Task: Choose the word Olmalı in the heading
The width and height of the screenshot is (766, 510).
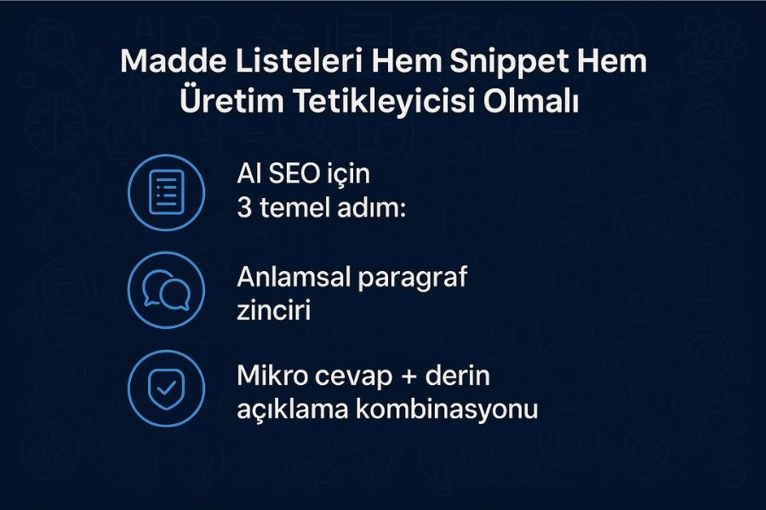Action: point(531,101)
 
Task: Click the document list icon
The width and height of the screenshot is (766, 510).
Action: point(167,192)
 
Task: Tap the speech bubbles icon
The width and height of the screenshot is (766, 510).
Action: point(167,291)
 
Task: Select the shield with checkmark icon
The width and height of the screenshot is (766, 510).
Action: point(167,388)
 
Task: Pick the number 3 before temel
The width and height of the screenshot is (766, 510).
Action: point(243,207)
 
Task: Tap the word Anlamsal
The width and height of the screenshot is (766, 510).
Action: point(294,277)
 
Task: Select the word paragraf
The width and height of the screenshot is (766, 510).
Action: point(414,278)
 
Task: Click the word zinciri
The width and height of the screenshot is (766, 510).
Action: point(273,310)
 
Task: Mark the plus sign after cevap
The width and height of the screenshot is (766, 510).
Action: point(409,377)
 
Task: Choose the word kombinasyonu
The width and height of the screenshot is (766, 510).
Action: point(447,409)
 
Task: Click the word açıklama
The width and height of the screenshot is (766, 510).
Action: point(293,410)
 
